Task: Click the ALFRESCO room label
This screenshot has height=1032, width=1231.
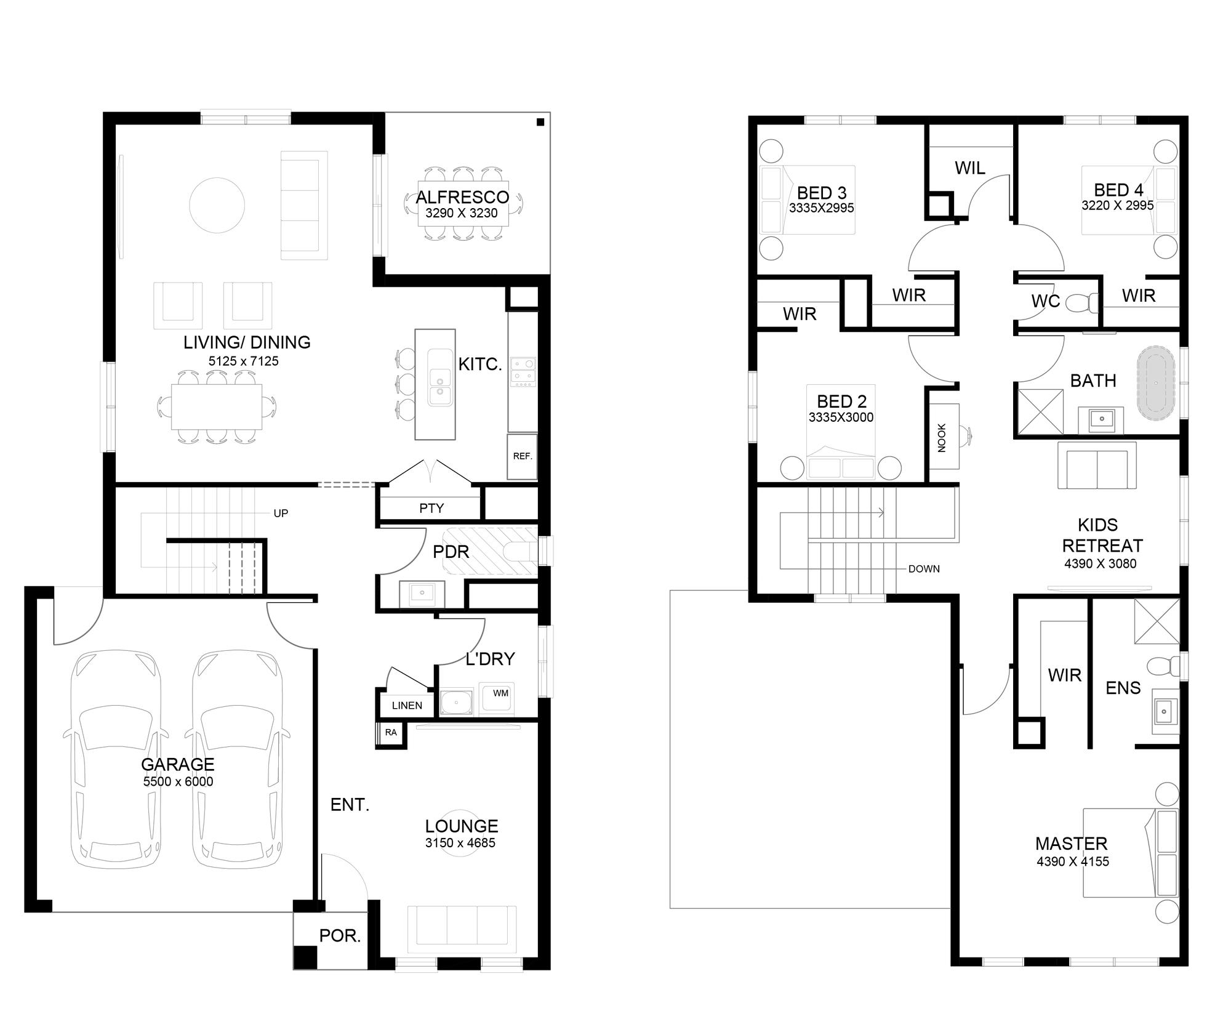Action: (462, 197)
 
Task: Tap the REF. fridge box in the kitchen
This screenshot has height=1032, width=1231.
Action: (522, 456)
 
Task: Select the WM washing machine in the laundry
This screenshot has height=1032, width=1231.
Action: (497, 698)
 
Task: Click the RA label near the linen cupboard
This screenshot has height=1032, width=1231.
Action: (391, 733)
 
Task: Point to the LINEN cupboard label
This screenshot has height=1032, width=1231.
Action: (407, 706)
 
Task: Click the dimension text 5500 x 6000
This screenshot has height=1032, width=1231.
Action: (178, 781)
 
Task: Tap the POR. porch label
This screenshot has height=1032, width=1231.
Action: (340, 936)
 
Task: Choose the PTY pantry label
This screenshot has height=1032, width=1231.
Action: (431, 508)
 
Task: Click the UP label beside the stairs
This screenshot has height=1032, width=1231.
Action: (281, 514)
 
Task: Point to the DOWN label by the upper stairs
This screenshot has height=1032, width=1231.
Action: (924, 569)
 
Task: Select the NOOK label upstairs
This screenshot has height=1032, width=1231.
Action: (942, 438)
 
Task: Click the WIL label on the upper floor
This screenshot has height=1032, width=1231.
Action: (970, 168)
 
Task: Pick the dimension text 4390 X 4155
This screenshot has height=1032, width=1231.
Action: (1073, 861)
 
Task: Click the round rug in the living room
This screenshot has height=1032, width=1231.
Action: (217, 205)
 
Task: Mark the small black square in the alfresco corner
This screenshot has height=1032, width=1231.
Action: (540, 122)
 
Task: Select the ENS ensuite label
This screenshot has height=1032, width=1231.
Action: (1123, 688)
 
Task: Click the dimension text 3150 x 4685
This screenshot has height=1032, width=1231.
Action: (460, 843)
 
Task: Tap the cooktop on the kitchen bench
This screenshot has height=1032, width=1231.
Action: (523, 372)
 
